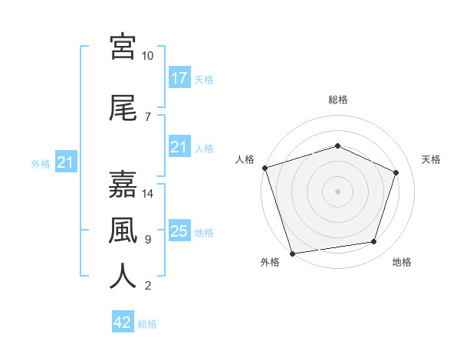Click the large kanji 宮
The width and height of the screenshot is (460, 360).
[123, 47]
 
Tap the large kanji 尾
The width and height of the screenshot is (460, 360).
[123, 108]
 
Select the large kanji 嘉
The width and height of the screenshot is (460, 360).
[123, 184]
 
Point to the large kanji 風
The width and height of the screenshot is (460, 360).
[123, 231]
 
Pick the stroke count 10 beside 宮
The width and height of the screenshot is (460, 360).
[147, 56]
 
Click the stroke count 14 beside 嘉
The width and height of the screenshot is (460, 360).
[147, 194]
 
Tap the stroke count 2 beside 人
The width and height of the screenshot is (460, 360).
[148, 286]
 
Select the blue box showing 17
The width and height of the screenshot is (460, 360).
[179, 77]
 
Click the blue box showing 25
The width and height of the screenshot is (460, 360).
[179, 230]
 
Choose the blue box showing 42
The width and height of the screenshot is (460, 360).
[123, 321]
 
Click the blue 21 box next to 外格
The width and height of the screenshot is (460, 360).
[66, 162]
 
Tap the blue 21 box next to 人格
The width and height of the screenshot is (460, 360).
[179, 146]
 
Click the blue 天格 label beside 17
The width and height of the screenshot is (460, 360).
[204, 80]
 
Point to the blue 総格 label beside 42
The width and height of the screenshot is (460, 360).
[147, 324]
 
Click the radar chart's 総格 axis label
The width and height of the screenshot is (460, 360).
[338, 100]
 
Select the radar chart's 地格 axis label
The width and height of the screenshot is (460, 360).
[402, 262]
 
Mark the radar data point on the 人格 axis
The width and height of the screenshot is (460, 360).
[265, 168]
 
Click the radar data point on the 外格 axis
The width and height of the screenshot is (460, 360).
[293, 254]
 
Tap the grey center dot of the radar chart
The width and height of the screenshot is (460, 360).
[337, 191]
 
